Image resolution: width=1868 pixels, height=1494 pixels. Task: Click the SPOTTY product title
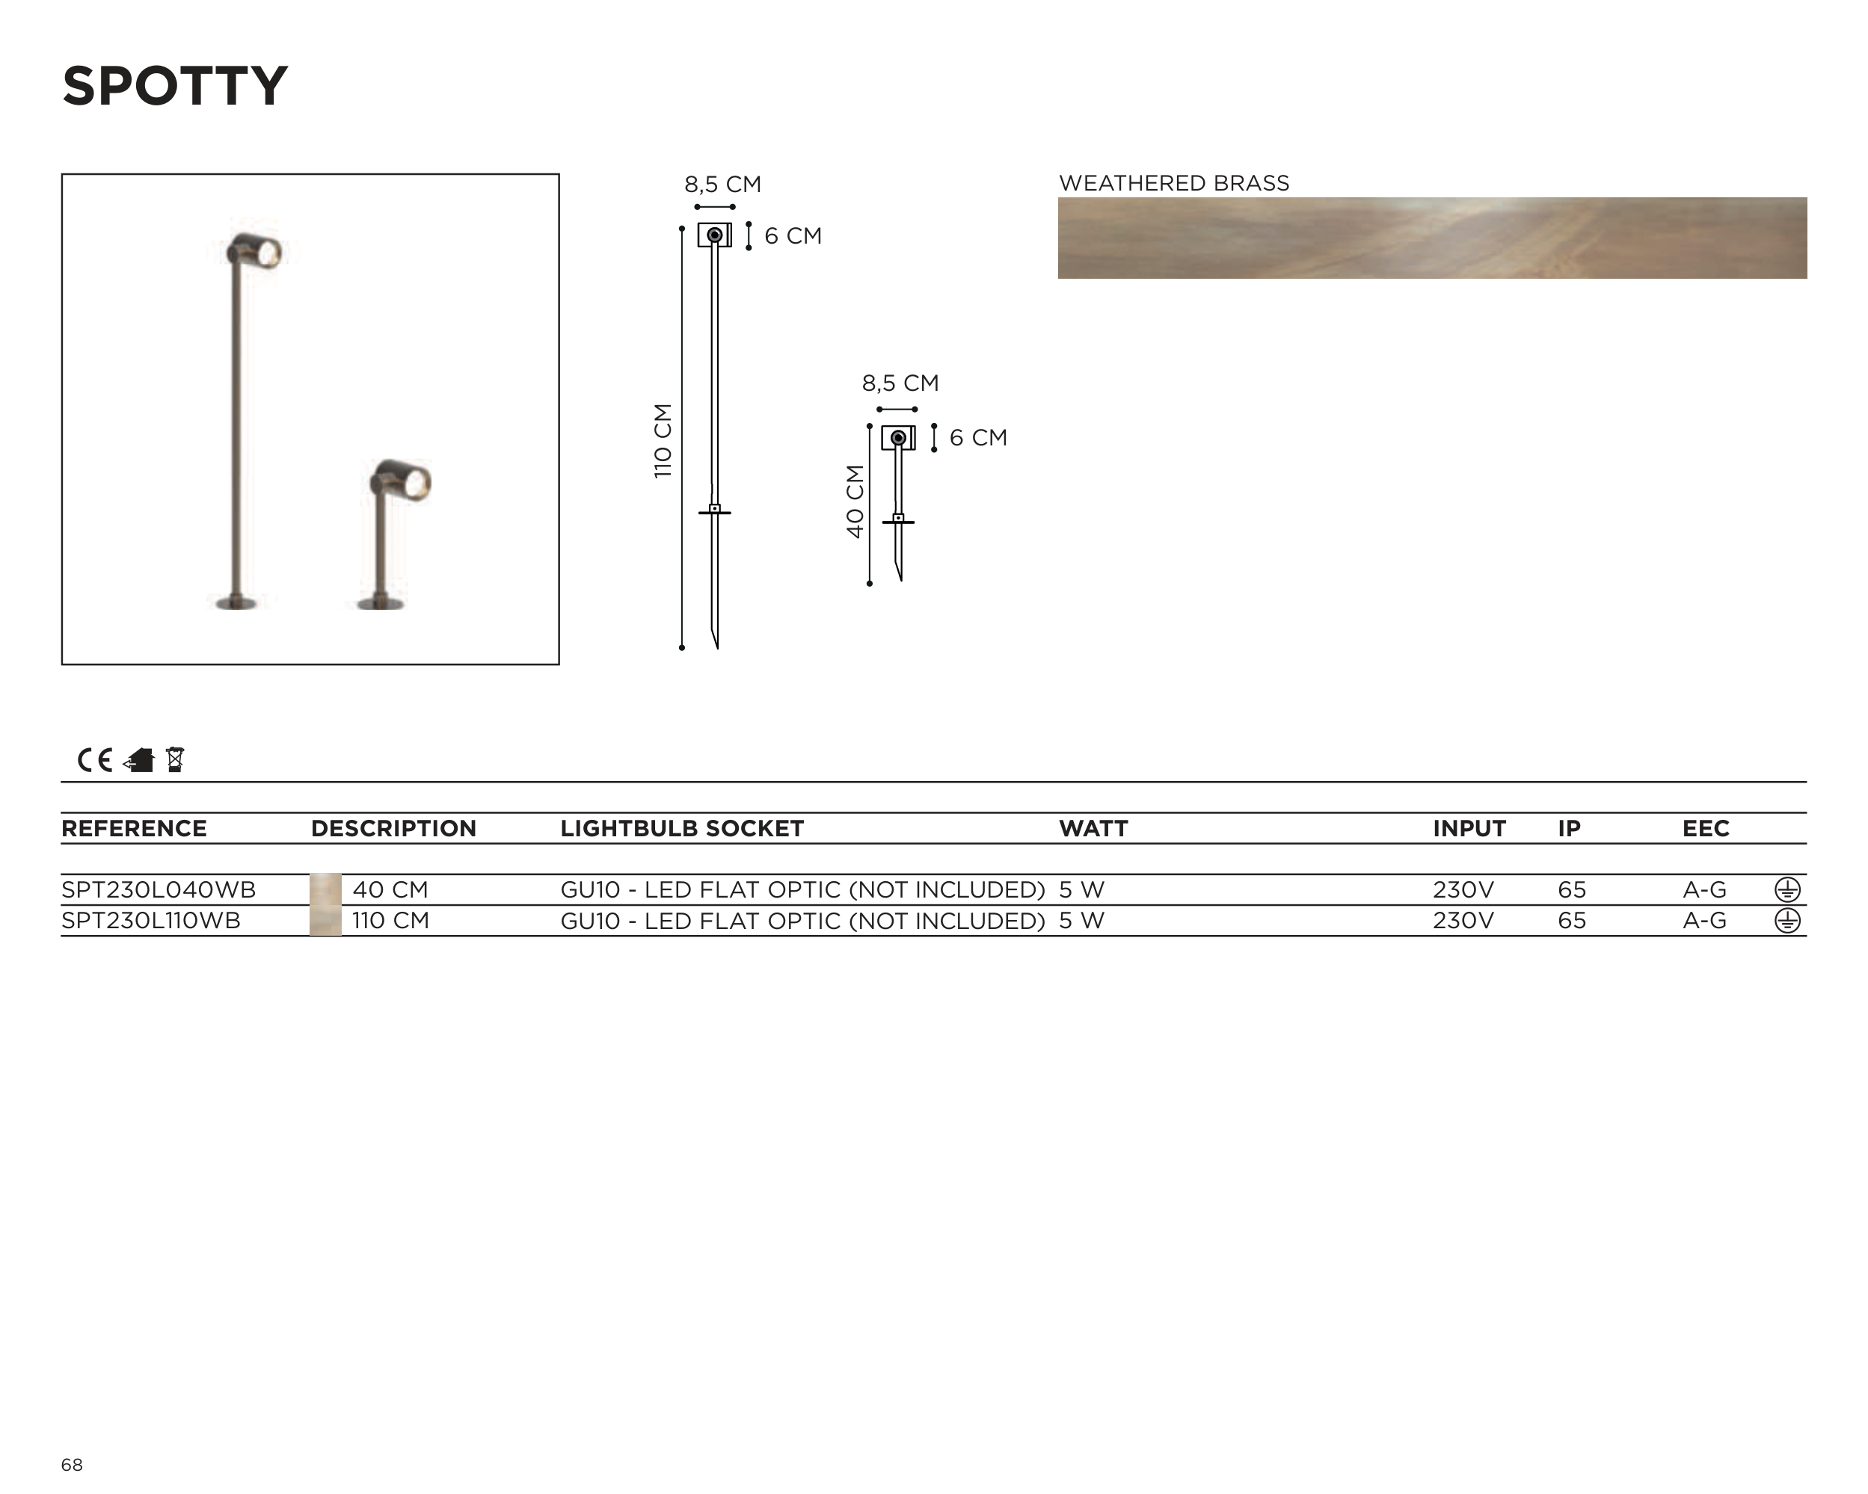click(x=174, y=86)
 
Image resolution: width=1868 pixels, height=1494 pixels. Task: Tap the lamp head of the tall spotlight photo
click(x=254, y=250)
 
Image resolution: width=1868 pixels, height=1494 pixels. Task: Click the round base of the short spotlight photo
click(x=381, y=603)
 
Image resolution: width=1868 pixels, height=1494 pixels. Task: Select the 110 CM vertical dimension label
click(x=663, y=440)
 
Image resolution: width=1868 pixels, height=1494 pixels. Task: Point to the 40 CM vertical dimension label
click(x=855, y=501)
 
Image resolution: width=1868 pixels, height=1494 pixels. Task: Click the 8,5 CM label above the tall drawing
click(x=722, y=185)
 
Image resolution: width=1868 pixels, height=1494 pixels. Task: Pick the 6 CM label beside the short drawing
click(x=978, y=437)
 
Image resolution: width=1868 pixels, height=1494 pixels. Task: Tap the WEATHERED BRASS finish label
click(x=1174, y=183)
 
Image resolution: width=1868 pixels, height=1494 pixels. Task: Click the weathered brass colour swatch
click(x=1432, y=238)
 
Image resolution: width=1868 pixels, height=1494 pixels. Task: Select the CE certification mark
click(x=94, y=759)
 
